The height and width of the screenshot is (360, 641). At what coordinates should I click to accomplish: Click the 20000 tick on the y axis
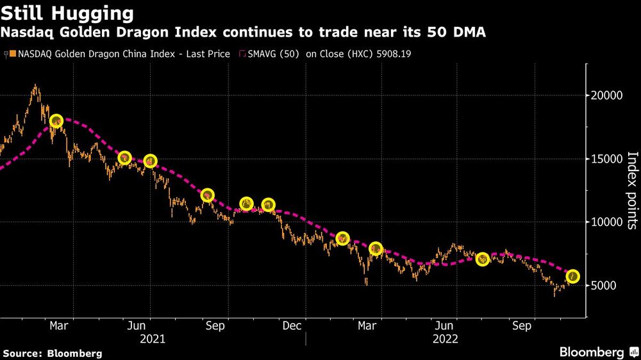point(606,95)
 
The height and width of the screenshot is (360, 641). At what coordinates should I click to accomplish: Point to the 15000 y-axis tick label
point(606,159)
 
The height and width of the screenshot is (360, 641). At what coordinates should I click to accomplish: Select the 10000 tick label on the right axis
point(606,222)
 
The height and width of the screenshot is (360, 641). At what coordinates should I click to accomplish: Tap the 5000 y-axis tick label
point(603,286)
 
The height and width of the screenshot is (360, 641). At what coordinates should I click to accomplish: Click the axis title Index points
point(631,190)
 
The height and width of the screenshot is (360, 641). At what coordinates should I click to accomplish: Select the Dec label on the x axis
point(292,326)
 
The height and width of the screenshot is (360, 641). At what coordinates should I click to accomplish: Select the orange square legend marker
point(14,54)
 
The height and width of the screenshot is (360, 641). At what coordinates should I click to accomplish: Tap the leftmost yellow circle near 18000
point(56,121)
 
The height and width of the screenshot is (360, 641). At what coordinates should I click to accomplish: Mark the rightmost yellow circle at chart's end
point(573,276)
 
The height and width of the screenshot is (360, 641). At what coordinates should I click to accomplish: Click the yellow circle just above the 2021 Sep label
point(207,195)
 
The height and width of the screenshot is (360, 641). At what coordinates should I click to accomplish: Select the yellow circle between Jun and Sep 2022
point(483,259)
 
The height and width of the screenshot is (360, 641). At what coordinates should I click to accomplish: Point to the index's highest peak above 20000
point(35,85)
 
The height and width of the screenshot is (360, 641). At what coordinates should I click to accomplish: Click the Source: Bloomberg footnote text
point(53,354)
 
